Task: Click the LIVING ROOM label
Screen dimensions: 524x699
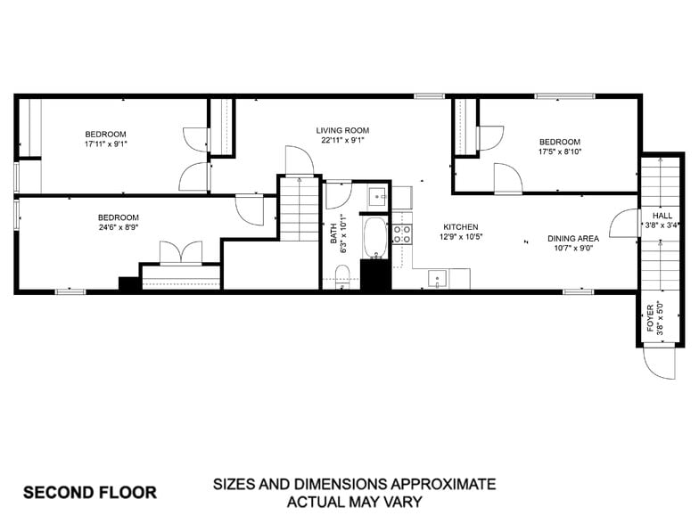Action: click(342, 130)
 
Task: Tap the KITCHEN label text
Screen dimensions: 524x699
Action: click(461, 227)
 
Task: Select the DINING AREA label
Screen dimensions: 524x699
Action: click(572, 238)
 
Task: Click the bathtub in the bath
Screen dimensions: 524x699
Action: click(375, 237)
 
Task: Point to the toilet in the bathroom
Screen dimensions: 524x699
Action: click(342, 274)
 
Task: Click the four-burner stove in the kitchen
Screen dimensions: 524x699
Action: click(401, 234)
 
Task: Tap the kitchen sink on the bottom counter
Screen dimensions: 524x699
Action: click(438, 279)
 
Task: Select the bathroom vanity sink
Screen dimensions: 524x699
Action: click(377, 196)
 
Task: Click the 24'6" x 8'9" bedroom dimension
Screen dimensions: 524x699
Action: click(118, 229)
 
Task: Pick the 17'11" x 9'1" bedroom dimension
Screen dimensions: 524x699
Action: click(105, 144)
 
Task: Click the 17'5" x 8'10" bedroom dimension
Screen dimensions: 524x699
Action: click(559, 152)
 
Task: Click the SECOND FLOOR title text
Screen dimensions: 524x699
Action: click(89, 492)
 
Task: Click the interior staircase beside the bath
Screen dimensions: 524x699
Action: click(300, 209)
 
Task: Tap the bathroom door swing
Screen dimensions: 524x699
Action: click(337, 194)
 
